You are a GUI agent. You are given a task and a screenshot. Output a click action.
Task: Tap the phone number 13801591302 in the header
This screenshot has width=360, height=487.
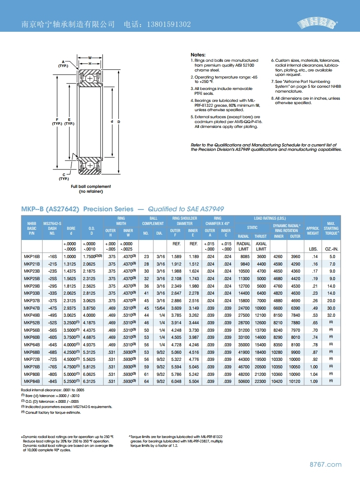point(169,25)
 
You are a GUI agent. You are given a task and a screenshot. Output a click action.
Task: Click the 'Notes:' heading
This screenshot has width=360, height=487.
point(198,55)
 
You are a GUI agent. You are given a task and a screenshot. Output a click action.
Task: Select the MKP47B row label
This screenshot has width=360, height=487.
point(31,308)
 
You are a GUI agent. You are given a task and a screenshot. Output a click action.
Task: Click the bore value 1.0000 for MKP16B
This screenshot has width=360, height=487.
point(70,256)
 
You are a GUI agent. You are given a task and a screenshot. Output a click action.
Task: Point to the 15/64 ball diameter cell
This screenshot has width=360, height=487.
point(161,308)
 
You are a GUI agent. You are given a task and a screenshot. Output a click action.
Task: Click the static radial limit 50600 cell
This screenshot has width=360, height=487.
point(244,381)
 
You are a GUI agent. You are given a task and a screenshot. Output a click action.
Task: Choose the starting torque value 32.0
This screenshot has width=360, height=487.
point(332,315)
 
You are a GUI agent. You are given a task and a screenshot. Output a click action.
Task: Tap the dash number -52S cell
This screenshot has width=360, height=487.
point(53,322)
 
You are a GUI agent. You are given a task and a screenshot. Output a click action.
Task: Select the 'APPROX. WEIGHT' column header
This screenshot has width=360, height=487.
point(312,231)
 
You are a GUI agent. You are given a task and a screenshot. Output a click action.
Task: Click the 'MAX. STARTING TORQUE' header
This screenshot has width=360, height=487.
point(331,228)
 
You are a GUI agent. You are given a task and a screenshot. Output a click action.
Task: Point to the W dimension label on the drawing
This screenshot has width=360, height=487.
point(90,58)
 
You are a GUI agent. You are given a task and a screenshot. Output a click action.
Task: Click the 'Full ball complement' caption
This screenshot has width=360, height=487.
point(91,187)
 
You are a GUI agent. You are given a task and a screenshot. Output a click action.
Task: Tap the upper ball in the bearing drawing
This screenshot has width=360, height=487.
point(90,79)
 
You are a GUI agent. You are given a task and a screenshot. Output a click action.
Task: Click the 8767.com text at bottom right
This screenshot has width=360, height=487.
point(326,465)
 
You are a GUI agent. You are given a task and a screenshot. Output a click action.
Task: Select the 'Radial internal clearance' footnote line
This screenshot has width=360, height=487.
point(52,390)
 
